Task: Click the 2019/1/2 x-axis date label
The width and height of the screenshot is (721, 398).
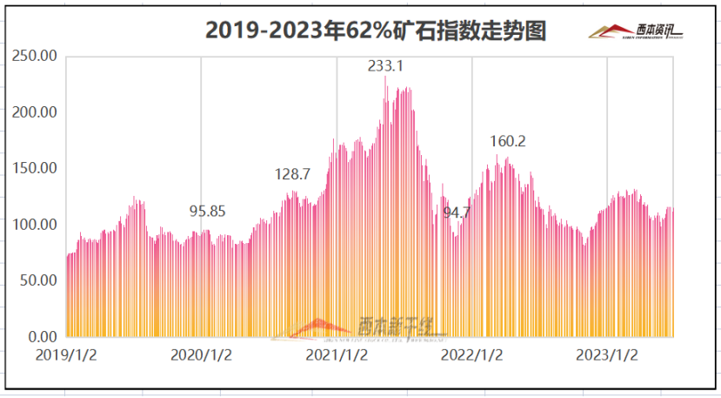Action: tap(66, 355)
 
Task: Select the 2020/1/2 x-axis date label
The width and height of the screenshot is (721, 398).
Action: tap(201, 355)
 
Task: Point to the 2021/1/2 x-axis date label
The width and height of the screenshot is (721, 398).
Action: tap(337, 355)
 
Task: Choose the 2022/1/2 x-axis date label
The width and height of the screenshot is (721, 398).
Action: tap(472, 355)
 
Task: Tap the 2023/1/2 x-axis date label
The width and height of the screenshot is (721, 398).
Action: tap(607, 355)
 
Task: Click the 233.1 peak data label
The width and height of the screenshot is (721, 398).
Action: tap(386, 65)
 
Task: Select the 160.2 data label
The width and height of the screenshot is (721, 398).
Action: tap(509, 141)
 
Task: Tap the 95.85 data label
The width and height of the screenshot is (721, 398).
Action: tap(208, 211)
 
